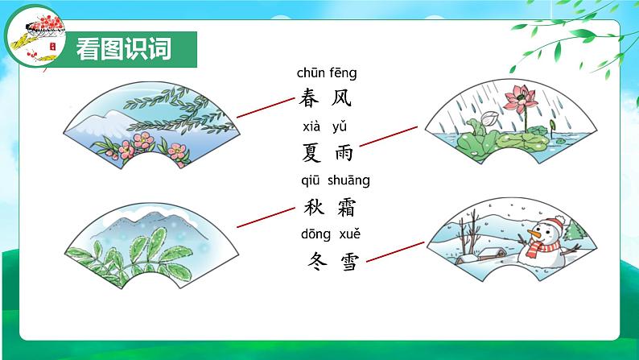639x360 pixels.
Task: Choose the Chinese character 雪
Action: point(348,260)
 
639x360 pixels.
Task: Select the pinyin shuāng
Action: point(348,180)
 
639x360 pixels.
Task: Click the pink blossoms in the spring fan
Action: point(133,145)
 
